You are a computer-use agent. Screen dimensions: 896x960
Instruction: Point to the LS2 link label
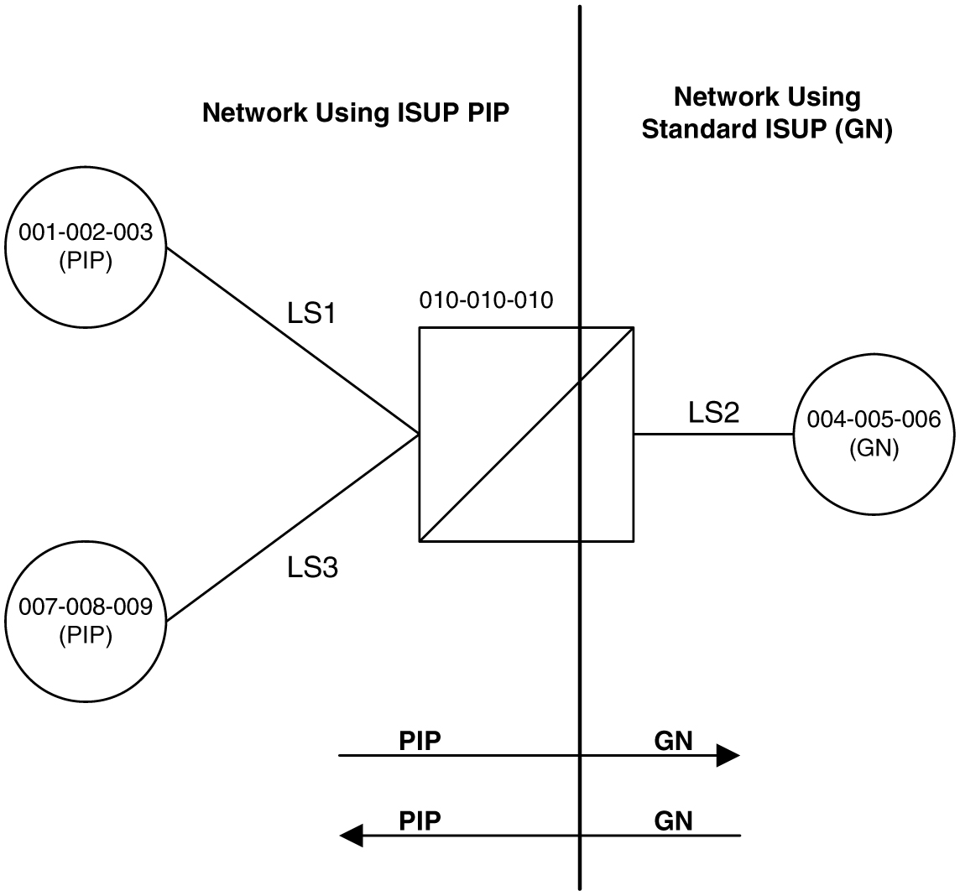713,412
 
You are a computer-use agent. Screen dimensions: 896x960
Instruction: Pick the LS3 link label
312,568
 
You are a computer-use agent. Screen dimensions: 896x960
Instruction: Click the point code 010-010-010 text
486,300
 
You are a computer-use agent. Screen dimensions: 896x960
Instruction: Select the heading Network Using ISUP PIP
356,113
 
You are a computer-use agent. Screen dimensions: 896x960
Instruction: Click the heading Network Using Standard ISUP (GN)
766,114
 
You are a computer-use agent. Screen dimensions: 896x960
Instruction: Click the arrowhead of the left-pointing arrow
351,836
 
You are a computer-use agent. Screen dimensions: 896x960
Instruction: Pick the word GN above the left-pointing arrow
673,820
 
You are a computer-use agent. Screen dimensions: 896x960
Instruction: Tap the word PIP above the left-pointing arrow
420,820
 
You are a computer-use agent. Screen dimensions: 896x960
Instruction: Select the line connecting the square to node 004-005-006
713,435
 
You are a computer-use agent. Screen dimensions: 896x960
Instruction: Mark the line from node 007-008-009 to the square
294,528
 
